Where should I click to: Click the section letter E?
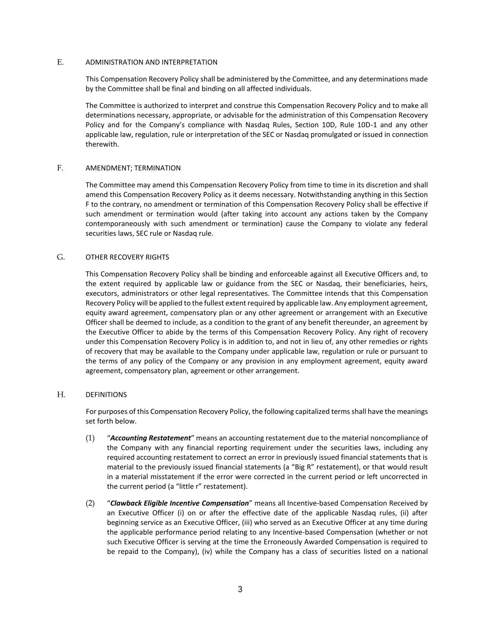click(x=60, y=62)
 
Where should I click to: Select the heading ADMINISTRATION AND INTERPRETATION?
click(x=151, y=62)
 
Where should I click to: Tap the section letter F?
click(x=60, y=168)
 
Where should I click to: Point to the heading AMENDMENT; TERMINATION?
click(x=133, y=168)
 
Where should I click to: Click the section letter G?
click(x=61, y=257)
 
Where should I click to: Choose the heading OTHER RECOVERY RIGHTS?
click(x=127, y=257)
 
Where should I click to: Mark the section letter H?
click(x=61, y=394)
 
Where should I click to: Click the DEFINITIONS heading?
click(x=106, y=395)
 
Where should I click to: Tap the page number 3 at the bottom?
click(x=240, y=589)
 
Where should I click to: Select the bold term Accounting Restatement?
click(x=150, y=438)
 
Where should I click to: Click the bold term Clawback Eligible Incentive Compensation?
click(x=179, y=503)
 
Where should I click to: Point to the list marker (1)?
click(x=90, y=438)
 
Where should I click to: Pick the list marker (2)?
click(x=90, y=503)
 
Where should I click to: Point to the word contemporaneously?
click(x=118, y=224)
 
